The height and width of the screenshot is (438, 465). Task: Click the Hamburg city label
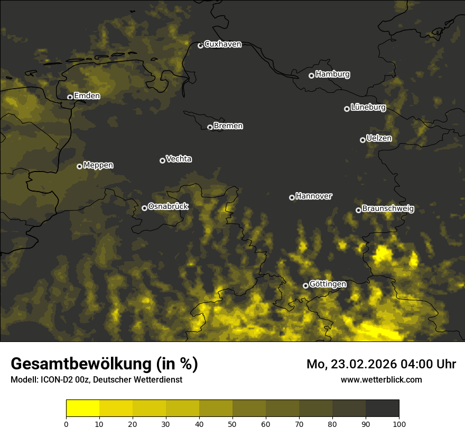pyautogui.click(x=332, y=74)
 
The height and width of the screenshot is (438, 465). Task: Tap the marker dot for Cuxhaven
pyautogui.click(x=200, y=45)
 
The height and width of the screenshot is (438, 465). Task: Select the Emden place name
pyautogui.click(x=87, y=96)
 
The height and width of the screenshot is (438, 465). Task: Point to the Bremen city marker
pyautogui.click(x=210, y=127)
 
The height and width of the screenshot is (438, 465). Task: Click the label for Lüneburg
pyautogui.click(x=368, y=108)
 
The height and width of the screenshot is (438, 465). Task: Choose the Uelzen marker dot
pyautogui.click(x=362, y=140)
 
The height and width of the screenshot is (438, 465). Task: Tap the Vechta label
pyautogui.click(x=179, y=159)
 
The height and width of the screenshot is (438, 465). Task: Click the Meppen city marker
pyautogui.click(x=79, y=166)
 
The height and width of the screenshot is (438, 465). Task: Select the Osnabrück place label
pyautogui.click(x=168, y=207)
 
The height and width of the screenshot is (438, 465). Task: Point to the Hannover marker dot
pyautogui.click(x=292, y=197)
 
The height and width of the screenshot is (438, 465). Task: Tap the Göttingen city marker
pyautogui.click(x=305, y=285)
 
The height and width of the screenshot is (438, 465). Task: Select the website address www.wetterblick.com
pyautogui.click(x=381, y=379)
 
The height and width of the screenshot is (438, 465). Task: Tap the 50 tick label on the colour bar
pyautogui.click(x=232, y=424)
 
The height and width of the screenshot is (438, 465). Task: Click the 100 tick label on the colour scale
pyautogui.click(x=399, y=424)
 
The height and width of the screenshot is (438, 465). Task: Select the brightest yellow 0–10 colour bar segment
pyautogui.click(x=82, y=408)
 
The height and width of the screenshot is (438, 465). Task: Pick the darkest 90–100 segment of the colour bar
pyautogui.click(x=382, y=408)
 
